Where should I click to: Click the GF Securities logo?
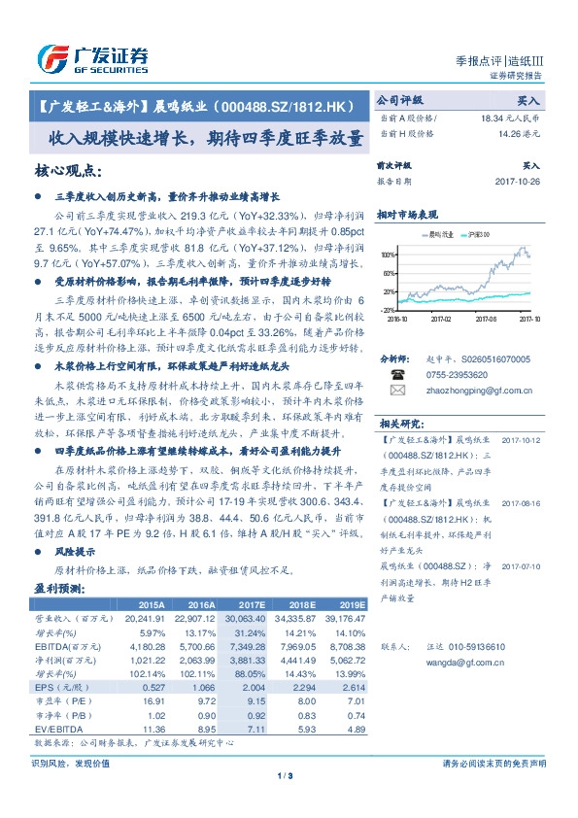point(92,57)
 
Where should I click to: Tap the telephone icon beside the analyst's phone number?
point(398,374)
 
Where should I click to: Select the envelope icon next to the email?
point(398,390)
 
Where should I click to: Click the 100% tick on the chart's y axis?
point(388,255)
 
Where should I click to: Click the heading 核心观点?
point(67,171)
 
